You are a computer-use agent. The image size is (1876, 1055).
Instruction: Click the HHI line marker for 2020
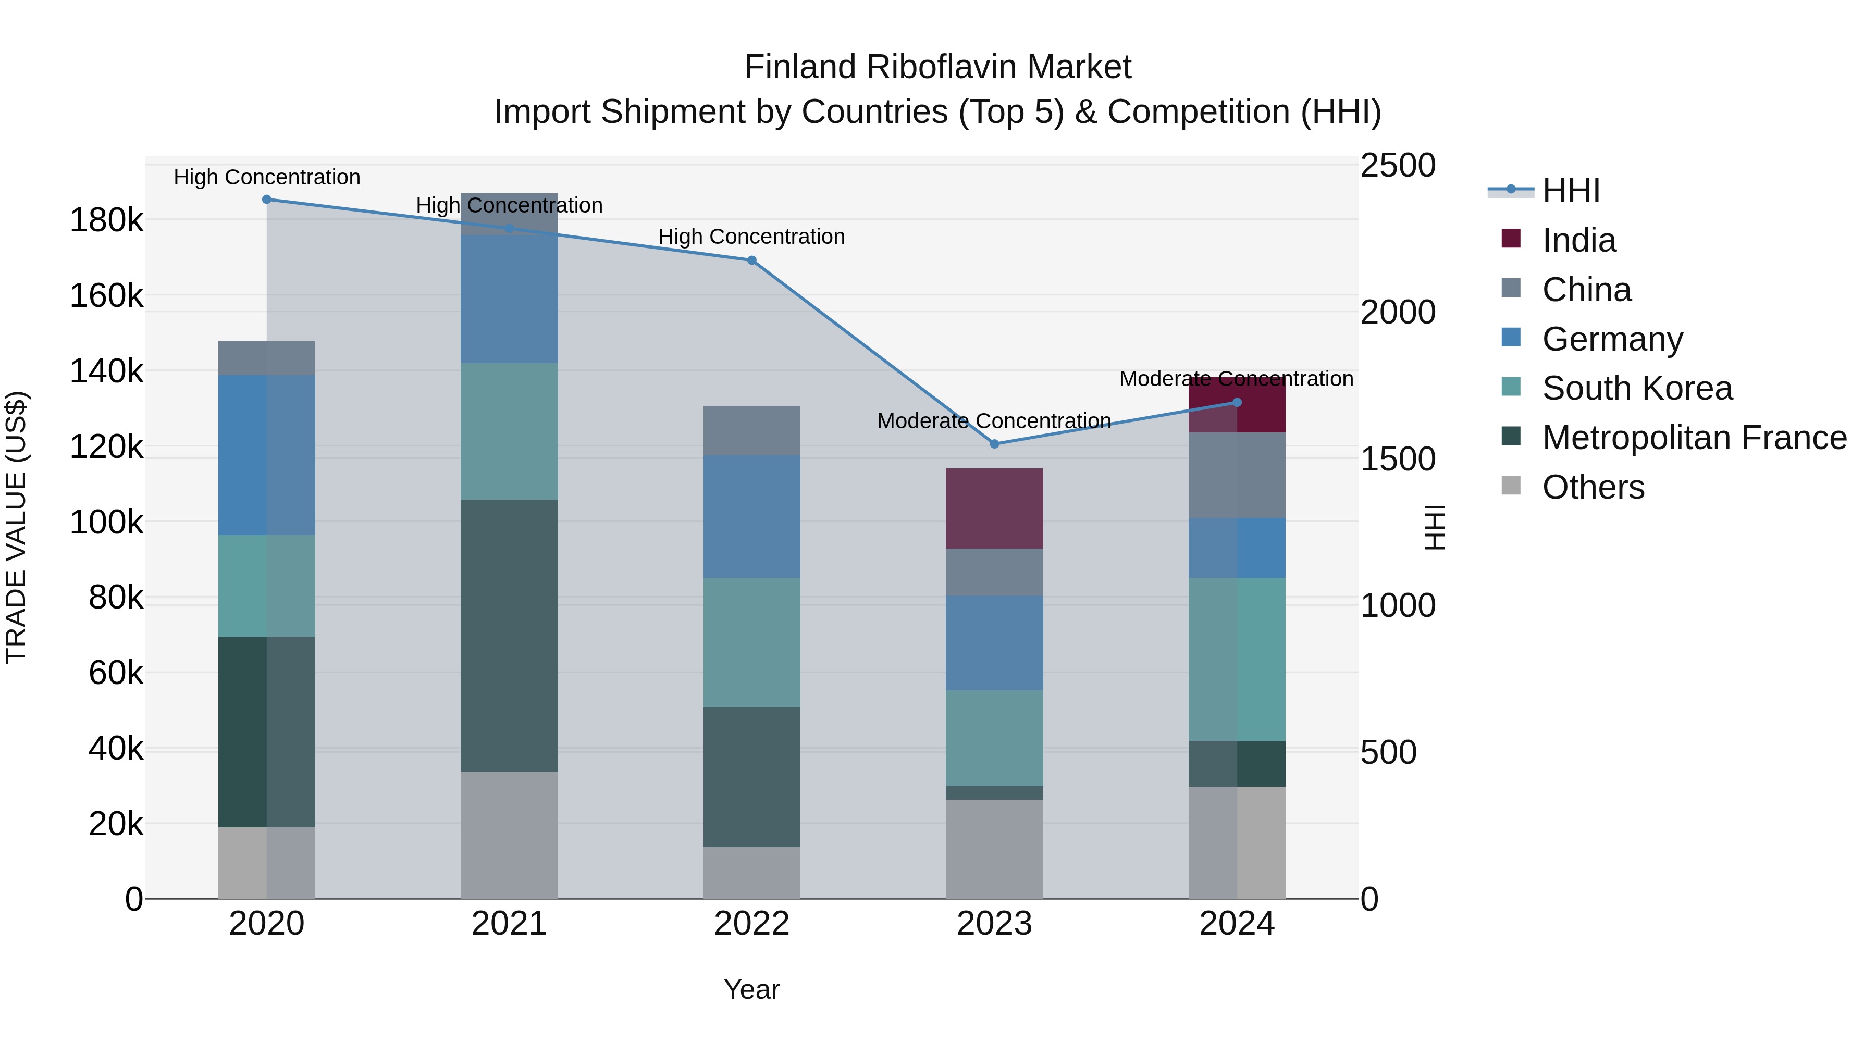[266, 200]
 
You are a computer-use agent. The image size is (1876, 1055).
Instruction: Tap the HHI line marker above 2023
[994, 443]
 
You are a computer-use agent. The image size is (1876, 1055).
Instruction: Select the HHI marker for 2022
[751, 260]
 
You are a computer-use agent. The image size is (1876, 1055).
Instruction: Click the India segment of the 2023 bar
[994, 508]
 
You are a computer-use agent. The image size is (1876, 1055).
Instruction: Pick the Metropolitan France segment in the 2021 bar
[509, 635]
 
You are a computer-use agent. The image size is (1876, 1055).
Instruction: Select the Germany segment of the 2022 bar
[751, 516]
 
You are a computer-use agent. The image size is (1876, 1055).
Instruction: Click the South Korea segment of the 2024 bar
[1237, 659]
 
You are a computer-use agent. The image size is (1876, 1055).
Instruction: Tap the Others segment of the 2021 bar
[509, 835]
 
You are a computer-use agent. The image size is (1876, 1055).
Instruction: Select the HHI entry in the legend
[1570, 191]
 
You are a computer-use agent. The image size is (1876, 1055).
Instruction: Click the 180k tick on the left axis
[106, 220]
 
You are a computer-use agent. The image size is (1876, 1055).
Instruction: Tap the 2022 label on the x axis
[751, 924]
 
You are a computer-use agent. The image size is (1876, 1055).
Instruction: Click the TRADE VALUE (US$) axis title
[16, 527]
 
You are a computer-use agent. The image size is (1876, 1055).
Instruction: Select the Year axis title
[751, 989]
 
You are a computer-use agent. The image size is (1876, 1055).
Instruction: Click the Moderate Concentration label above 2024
[1236, 379]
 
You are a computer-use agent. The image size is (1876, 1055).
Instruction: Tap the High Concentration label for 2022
[751, 237]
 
